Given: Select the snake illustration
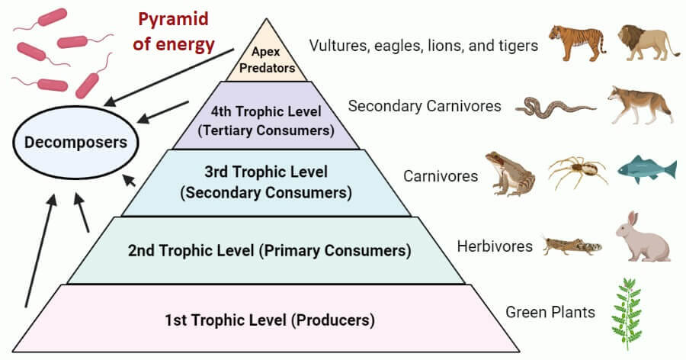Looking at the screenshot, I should click(555, 108).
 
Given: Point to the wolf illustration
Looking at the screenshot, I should click(640, 104).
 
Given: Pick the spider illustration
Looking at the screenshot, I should click(576, 172).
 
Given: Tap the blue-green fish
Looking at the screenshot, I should click(647, 168).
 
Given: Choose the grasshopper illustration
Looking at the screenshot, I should click(571, 245).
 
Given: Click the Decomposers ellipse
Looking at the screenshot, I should click(70, 142).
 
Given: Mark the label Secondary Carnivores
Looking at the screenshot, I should click(425, 106).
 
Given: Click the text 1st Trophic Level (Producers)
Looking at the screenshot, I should click(271, 320).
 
